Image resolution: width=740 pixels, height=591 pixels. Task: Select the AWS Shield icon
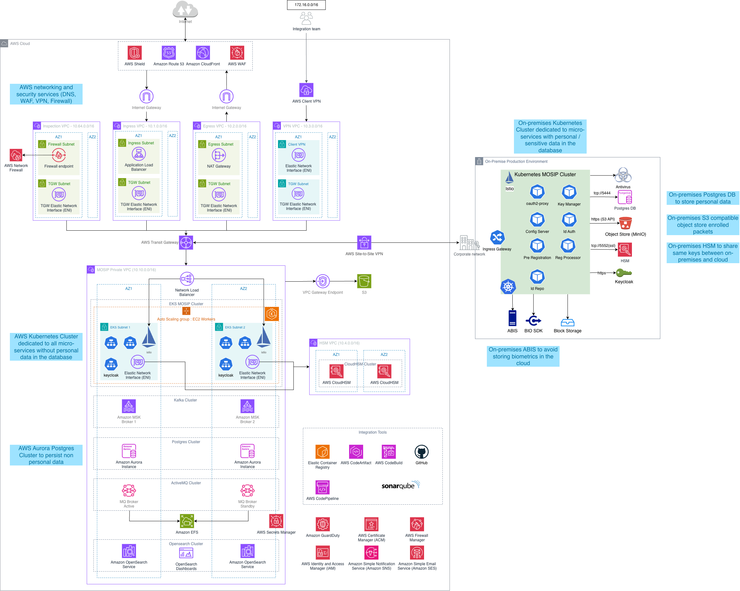point(135,53)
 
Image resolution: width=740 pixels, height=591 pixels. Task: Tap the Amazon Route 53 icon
point(169,53)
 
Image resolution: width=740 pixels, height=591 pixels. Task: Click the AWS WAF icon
point(237,53)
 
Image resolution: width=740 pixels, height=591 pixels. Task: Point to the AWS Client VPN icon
point(306,90)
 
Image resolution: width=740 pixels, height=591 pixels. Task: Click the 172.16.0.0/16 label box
point(306,5)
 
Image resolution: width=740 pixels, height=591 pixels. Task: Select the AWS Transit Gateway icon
point(186,242)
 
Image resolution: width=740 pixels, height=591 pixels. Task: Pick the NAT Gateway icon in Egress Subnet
point(219,155)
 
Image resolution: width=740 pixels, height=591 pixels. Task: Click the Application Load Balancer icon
point(139,154)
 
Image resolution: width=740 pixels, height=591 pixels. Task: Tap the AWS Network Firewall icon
point(16,155)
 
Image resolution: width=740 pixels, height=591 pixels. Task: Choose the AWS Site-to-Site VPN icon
point(364,243)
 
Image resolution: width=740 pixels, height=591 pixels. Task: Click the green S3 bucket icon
point(364,281)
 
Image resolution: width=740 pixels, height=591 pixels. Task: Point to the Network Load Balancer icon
point(187,279)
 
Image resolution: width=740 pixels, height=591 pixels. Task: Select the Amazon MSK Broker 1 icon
point(129,407)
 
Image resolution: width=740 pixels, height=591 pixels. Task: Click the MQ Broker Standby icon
point(247,491)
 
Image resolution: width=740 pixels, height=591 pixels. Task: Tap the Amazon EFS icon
point(187,521)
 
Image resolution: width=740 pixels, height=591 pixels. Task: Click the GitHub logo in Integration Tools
point(421,452)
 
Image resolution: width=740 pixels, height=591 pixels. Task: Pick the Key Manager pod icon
point(569,192)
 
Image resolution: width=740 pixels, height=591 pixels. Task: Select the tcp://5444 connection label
point(602,193)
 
